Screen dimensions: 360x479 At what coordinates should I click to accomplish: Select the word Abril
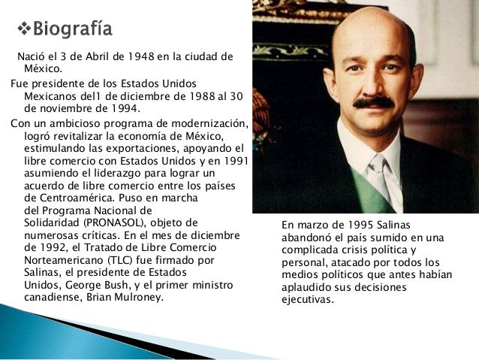(85, 58)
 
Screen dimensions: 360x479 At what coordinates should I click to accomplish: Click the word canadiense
(53, 298)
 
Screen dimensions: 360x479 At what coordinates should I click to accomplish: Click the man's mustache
(373, 103)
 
